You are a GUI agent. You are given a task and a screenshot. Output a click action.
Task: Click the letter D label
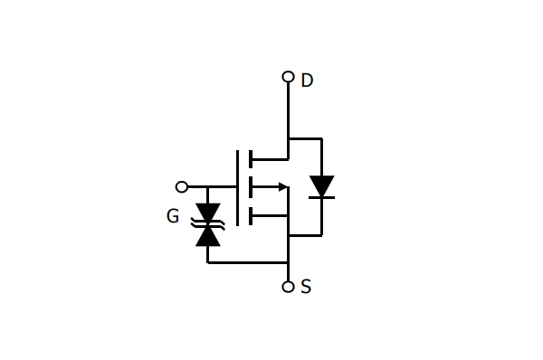point(307,81)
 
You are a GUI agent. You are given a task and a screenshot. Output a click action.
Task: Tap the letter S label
point(306,287)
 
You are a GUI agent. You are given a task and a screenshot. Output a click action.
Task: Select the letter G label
point(173,216)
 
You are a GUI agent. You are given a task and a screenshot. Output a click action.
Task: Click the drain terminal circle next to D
point(288,77)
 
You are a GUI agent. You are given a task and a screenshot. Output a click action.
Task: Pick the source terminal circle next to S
point(288,287)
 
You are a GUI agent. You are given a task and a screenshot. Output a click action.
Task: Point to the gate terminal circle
point(182,187)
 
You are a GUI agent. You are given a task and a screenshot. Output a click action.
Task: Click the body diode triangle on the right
point(321,185)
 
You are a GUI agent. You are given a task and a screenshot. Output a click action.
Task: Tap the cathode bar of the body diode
point(321,197)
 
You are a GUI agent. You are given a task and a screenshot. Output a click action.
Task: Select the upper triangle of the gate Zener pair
point(208,212)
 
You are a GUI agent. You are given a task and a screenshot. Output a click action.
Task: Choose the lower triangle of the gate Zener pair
point(208,236)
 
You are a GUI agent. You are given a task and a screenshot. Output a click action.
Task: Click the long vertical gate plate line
point(238,187)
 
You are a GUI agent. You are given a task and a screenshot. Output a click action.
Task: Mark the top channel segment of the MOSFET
point(250,159)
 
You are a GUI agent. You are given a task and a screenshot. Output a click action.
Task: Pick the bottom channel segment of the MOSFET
point(250,215)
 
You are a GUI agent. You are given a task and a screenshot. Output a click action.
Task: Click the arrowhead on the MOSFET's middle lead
point(283,187)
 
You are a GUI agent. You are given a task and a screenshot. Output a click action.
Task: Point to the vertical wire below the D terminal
point(288,109)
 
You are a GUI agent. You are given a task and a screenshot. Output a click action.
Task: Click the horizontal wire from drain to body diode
point(305,138)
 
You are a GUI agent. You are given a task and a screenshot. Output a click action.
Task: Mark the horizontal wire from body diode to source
point(305,235)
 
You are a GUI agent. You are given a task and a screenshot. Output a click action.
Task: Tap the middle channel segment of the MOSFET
point(250,187)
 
